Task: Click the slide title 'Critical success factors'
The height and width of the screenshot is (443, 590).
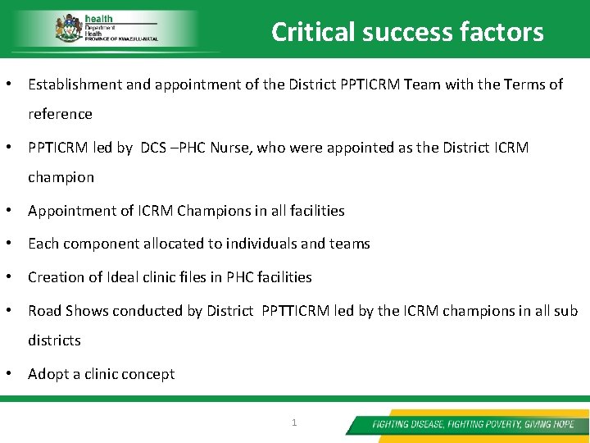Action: point(407,32)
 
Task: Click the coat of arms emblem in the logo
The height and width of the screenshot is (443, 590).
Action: point(68,30)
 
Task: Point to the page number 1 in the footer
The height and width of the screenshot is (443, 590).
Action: point(294,423)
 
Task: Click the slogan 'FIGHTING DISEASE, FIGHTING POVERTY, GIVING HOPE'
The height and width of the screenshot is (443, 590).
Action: point(473,424)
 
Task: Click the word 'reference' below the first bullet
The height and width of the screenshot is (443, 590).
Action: point(60,114)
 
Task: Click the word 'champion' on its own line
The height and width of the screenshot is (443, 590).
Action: point(61,177)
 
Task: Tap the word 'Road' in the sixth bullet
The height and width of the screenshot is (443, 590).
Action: point(44,311)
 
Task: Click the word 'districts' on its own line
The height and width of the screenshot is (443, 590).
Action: point(54,340)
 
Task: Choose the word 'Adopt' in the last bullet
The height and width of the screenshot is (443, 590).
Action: point(48,374)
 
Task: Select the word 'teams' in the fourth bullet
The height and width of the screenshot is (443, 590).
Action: point(350,244)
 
